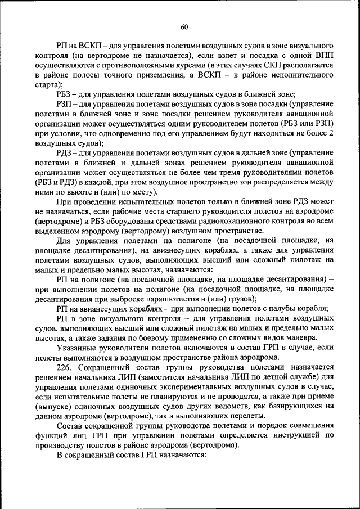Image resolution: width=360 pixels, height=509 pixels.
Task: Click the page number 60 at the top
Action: [184, 26]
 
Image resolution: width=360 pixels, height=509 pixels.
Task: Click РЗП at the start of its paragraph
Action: [65, 104]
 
